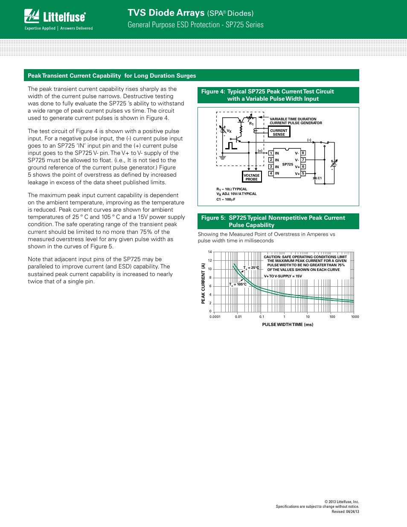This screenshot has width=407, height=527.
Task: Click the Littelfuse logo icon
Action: pyautogui.click(x=32, y=16)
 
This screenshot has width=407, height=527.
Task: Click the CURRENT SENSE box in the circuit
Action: pyautogui.click(x=279, y=132)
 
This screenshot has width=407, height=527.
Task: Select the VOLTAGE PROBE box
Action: pyautogui.click(x=251, y=177)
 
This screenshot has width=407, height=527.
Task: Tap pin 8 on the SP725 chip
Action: pyautogui.click(x=303, y=153)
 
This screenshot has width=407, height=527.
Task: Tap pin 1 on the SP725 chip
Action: pyautogui.click(x=270, y=153)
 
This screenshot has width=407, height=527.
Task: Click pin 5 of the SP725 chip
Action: pyautogui.click(x=303, y=174)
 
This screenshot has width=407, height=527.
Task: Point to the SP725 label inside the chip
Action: pyautogui.click(x=288, y=164)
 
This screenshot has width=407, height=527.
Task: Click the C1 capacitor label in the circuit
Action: pyautogui.click(x=319, y=178)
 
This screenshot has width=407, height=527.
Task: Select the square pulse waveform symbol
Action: pyautogui.click(x=231, y=146)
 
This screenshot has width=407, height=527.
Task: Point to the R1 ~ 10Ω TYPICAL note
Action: pyautogui.click(x=232, y=189)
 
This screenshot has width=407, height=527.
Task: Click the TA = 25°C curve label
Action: pyautogui.click(x=251, y=268)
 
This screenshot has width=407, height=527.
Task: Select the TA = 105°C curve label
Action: pyautogui.click(x=238, y=284)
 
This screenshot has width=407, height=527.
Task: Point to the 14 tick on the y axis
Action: pyautogui.click(x=210, y=252)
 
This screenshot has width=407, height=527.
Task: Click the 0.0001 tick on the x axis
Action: pyautogui.click(x=215, y=317)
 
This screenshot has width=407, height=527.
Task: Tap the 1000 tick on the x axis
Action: pyautogui.click(x=355, y=317)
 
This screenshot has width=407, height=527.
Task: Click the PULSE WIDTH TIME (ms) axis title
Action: pyautogui.click(x=288, y=325)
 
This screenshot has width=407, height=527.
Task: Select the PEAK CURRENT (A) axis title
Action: pyautogui.click(x=203, y=283)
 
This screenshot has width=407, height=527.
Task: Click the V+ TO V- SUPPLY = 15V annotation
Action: pyautogui.click(x=283, y=276)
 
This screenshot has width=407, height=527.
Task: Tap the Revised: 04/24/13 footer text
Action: pyautogui.click(x=345, y=512)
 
